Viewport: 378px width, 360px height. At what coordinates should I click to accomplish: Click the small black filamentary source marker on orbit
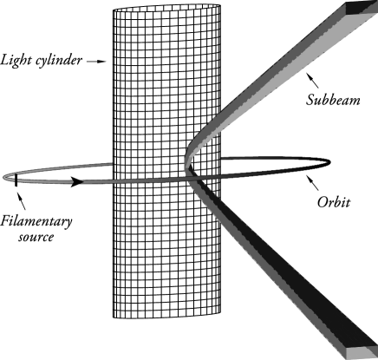click(16, 180)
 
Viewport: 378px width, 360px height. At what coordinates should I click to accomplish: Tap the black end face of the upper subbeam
click(360, 7)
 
